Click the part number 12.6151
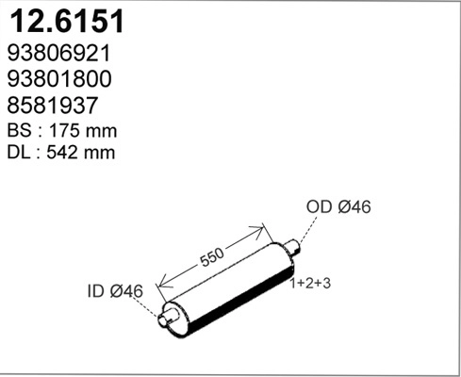pyautogui.click(x=66, y=22)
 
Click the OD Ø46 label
pyautogui.click(x=338, y=207)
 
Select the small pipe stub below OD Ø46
pyautogui.click(x=293, y=249)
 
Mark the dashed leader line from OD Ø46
pyautogui.click(x=307, y=231)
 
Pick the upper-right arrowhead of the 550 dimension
pyautogui.click(x=261, y=228)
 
